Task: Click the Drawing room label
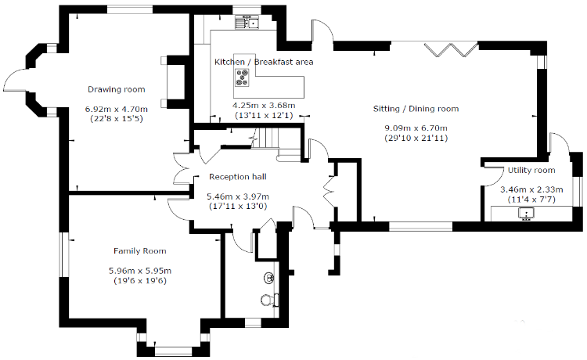click(x=117, y=89)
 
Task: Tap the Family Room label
click(x=140, y=251)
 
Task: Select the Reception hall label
click(x=238, y=177)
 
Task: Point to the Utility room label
click(x=531, y=171)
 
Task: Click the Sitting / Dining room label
click(x=416, y=109)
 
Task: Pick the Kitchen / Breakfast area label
click(x=264, y=62)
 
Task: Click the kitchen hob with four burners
click(x=242, y=77)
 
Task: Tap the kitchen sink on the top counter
click(x=247, y=23)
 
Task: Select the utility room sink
click(x=526, y=214)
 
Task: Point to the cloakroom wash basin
click(x=269, y=278)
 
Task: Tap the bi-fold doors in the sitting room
click(x=451, y=50)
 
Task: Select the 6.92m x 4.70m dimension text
click(x=117, y=110)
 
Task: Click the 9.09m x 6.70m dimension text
click(x=416, y=128)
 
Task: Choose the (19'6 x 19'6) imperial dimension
click(x=140, y=281)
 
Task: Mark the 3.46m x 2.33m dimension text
click(x=531, y=189)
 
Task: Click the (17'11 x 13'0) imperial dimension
click(x=238, y=206)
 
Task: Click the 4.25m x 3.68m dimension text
click(x=264, y=106)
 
